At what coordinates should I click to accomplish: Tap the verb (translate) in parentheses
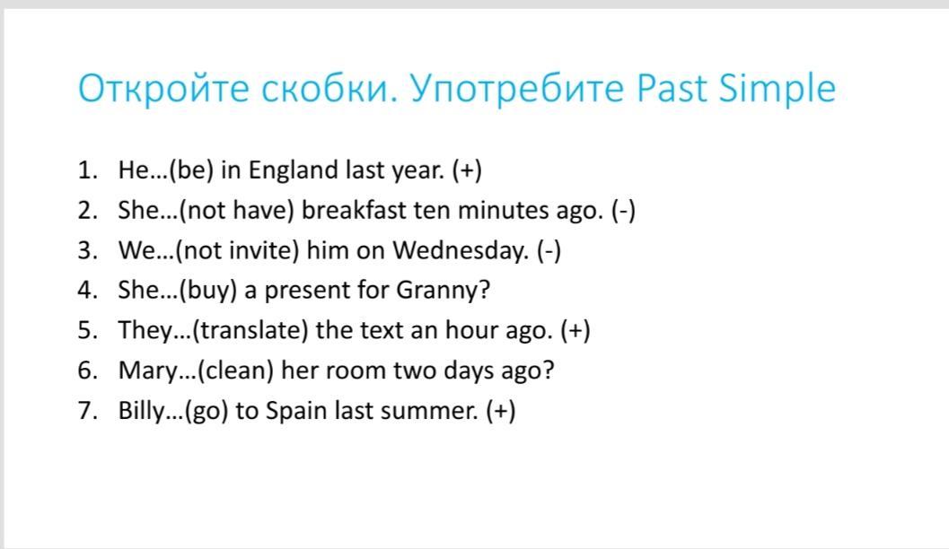click(x=250, y=331)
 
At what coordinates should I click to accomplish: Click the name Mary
click(x=147, y=370)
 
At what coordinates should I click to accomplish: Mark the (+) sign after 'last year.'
click(x=467, y=170)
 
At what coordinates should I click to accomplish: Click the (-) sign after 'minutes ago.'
click(x=623, y=211)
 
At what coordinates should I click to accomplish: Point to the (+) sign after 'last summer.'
click(x=501, y=411)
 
